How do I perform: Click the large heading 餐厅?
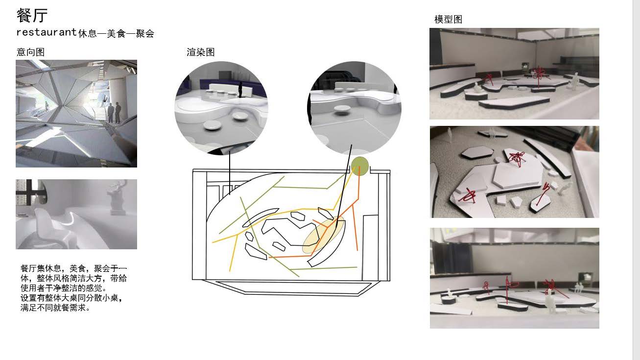[32, 15]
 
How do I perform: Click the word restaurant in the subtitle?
[47, 32]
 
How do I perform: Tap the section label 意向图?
[30, 52]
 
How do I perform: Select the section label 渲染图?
[200, 52]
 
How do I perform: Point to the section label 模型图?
[448, 19]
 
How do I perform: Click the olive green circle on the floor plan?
[359, 166]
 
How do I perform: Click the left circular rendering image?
[221, 108]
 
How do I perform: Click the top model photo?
[514, 73]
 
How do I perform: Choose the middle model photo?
[514, 172]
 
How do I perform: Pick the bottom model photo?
[514, 278]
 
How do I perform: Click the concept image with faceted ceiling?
[76, 114]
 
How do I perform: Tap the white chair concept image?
[76, 214]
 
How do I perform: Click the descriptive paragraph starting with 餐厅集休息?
[73, 288]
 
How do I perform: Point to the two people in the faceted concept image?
[114, 113]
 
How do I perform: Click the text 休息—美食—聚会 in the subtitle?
[116, 33]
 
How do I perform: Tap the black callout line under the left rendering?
[230, 174]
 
